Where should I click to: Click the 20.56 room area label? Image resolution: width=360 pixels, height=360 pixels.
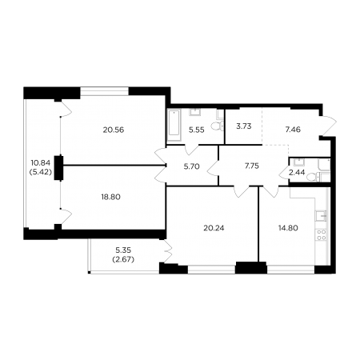click(x=114, y=130)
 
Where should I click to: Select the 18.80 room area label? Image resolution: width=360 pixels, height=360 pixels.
click(x=110, y=197)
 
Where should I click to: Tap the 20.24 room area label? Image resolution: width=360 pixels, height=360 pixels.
click(x=214, y=228)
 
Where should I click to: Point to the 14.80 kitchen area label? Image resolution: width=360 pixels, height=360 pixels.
click(x=288, y=228)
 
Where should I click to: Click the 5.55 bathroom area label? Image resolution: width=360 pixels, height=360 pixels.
click(x=197, y=130)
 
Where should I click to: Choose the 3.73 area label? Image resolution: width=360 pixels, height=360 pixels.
click(x=244, y=126)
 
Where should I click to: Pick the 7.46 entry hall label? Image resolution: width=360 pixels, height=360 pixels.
click(x=293, y=130)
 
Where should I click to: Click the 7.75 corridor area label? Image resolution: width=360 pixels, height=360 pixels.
click(x=252, y=166)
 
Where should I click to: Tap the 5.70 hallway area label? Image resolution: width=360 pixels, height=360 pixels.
click(x=192, y=166)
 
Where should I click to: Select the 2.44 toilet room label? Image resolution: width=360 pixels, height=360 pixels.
click(x=297, y=173)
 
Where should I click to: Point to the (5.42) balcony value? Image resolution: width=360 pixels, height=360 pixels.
click(x=42, y=172)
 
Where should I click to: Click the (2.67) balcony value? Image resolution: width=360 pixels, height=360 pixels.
click(x=123, y=259)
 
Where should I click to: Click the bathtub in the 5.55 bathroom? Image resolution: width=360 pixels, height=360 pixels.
click(x=174, y=122)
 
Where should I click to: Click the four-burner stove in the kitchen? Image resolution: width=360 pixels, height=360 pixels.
click(x=322, y=234)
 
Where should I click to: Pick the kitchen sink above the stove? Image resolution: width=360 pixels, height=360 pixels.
click(x=322, y=215)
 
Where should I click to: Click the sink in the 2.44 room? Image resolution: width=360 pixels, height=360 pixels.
click(x=299, y=162)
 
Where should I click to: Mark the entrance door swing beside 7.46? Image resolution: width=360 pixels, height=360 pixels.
click(x=328, y=126)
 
